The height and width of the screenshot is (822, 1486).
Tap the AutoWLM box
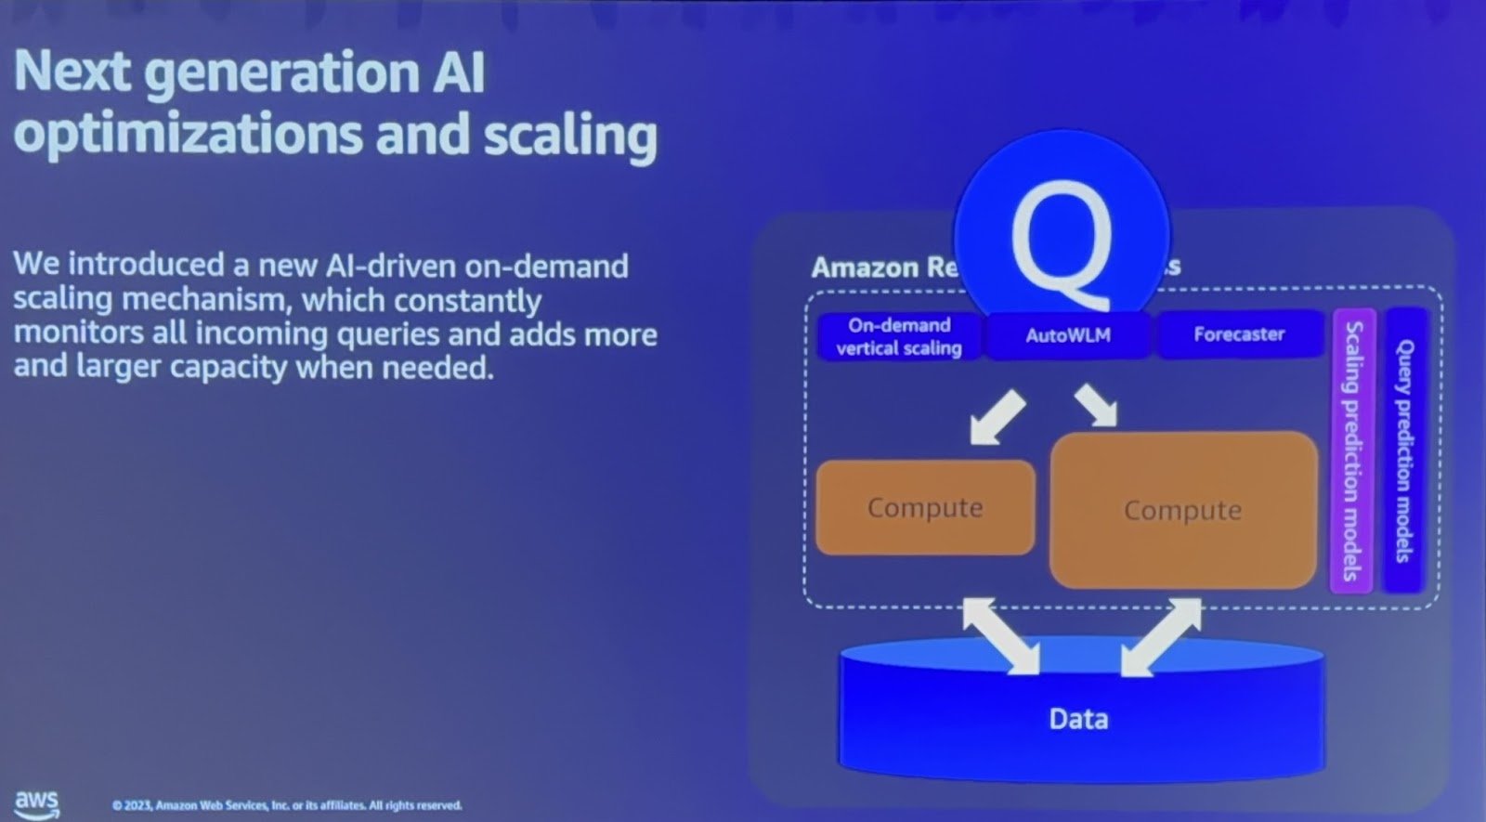click(x=1067, y=335)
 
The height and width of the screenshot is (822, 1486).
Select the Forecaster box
click(x=1239, y=334)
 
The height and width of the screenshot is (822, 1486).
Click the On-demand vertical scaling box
click(x=898, y=336)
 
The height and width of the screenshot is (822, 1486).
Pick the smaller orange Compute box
click(x=924, y=508)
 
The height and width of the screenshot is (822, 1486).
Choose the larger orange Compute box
click(x=1182, y=510)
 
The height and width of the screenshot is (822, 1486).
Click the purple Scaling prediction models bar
click(x=1353, y=450)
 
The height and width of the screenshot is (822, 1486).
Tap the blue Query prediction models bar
click(x=1404, y=450)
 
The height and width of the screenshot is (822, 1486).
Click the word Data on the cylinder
click(x=1078, y=719)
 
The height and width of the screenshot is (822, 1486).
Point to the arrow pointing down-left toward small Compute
click(x=997, y=417)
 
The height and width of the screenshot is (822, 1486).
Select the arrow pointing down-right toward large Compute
click(x=1097, y=406)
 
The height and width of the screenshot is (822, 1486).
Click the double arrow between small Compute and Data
click(x=1001, y=636)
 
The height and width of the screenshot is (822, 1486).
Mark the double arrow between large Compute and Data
click(x=1162, y=636)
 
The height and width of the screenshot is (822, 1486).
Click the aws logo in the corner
click(x=37, y=803)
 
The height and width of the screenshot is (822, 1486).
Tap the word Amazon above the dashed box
click(x=865, y=267)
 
